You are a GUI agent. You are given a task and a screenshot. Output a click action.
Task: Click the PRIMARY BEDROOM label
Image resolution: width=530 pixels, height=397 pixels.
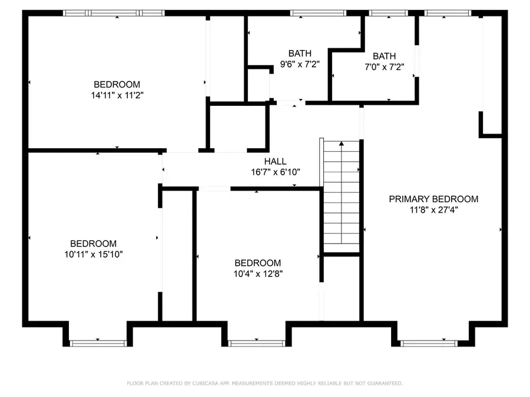433,199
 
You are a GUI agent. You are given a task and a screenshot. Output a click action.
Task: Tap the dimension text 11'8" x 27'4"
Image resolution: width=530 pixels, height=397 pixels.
433,210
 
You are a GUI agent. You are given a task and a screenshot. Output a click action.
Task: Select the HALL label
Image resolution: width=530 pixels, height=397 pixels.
275,161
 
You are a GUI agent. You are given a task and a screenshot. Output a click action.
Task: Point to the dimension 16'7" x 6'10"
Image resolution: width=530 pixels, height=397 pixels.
275,172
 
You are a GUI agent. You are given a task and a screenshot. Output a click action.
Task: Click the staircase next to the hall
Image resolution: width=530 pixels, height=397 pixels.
341,194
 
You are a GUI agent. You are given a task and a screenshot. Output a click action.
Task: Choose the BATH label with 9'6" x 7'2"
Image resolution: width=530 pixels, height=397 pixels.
300,54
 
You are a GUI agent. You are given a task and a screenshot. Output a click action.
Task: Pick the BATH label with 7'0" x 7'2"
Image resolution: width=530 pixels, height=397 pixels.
384,56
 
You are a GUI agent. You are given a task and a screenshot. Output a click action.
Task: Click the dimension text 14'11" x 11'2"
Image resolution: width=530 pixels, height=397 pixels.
117,95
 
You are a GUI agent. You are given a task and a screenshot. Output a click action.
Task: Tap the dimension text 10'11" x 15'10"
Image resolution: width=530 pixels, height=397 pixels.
93,254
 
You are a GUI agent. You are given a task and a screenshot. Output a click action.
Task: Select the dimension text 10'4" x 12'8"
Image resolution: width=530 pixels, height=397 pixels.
257,273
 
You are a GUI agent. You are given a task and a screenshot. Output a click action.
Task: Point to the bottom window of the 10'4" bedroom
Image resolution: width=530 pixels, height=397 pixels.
256,342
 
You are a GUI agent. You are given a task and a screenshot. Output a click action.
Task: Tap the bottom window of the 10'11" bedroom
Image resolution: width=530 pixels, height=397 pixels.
98,342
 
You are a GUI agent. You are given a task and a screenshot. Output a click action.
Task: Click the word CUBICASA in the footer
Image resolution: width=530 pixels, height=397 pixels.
208,383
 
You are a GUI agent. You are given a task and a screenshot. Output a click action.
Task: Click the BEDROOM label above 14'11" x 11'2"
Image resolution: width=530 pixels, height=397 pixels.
117,84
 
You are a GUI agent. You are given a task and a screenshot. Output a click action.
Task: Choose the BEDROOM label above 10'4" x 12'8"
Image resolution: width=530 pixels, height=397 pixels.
257,263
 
